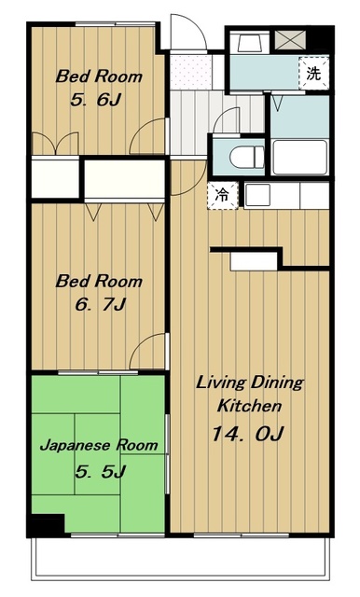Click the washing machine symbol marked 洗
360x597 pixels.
pos(313,73)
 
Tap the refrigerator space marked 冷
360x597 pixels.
pos(223,195)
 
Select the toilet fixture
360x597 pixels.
pos(247,157)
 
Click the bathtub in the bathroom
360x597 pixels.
pos(300,158)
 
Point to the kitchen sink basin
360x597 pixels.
pos(257,194)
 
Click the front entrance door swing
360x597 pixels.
pos(188,32)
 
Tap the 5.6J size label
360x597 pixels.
pos(95,100)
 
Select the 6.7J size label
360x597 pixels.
pos(100,305)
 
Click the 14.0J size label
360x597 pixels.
pos(247,433)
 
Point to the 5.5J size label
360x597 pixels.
pos(100,471)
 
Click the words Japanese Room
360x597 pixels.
pos(99,445)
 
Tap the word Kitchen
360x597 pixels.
pos(249,406)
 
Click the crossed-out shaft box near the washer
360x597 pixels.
pos(290,40)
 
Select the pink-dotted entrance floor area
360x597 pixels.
pos(190,72)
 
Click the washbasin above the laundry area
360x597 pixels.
pos(249,43)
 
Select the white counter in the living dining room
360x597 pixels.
pos(254,261)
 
